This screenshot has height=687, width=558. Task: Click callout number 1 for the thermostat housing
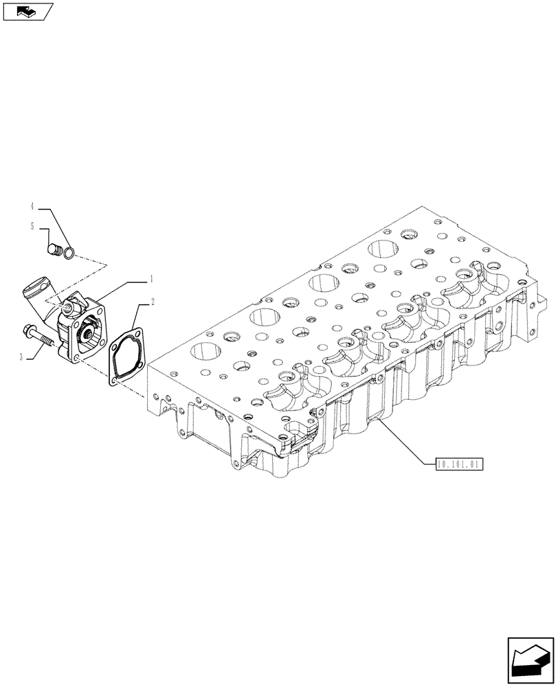pos(151,280)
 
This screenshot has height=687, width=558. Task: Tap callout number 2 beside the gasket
pos(152,301)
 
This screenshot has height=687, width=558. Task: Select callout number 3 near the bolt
pos(21,357)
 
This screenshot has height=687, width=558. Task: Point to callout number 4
pos(32,205)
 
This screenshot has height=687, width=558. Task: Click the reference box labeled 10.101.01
pos(460,464)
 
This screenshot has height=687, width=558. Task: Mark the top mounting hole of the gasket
pos(138,335)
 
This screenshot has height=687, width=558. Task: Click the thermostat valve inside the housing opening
pos(89,335)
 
